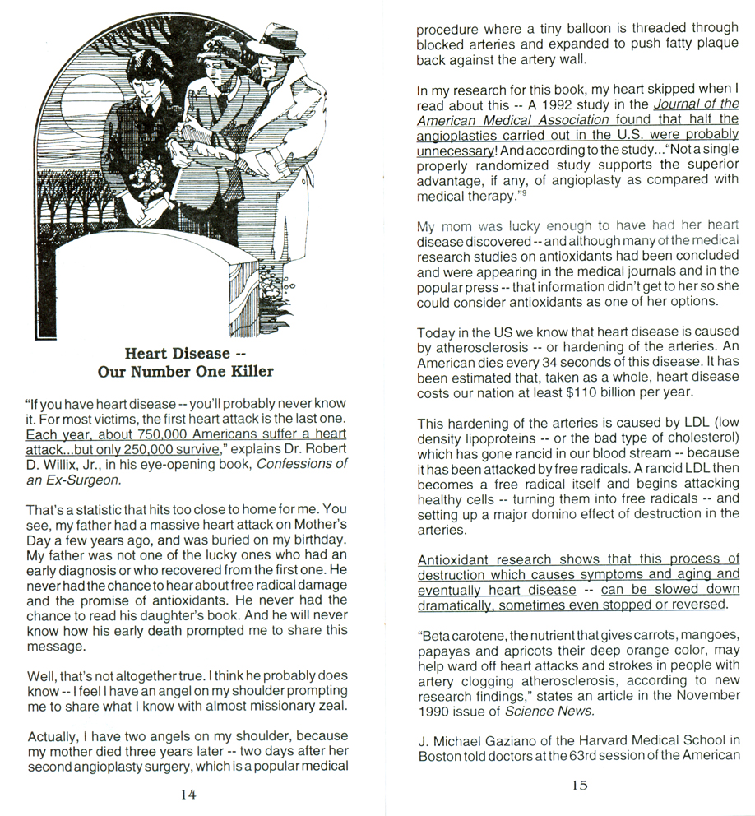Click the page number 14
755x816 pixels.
(188, 795)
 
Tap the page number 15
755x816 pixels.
(579, 786)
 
